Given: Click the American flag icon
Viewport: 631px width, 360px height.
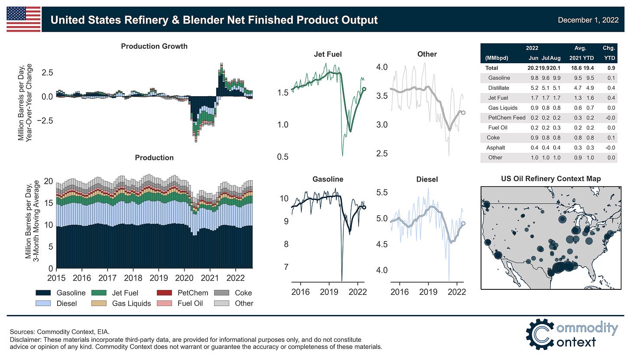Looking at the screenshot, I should coord(23,19).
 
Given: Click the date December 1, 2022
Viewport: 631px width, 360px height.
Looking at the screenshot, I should coord(588,20).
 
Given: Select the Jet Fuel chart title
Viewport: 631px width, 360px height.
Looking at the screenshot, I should coord(328,54).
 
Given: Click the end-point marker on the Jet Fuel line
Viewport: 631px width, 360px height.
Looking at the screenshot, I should coord(364,89).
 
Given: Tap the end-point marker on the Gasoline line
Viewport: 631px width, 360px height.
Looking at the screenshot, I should coord(364,207).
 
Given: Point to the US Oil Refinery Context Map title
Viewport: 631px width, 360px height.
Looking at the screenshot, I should coord(551,178).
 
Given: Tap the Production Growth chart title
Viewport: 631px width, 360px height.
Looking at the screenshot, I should coord(154,46).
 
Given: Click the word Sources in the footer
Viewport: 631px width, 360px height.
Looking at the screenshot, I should coord(22,331).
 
